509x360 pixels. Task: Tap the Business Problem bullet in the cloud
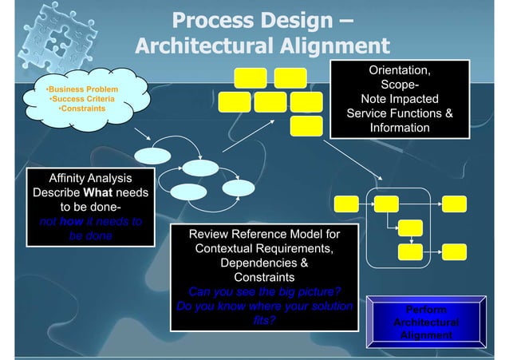[x=84, y=89]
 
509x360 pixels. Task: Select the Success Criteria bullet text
[x=82, y=99]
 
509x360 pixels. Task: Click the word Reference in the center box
[x=258, y=235]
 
